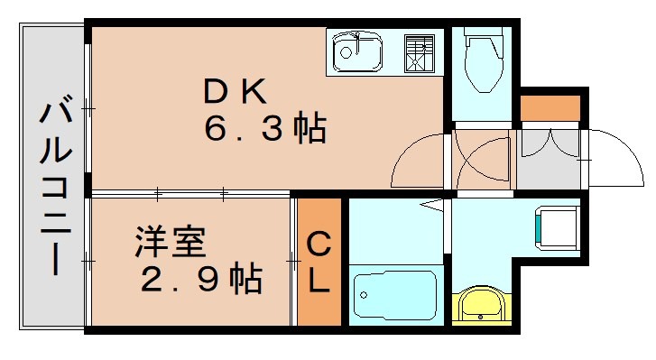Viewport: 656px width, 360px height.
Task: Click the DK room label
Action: click(234, 90)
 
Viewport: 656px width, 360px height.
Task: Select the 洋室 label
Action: click(171, 243)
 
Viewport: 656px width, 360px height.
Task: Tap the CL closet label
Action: click(319, 262)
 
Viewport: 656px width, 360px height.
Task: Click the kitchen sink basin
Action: click(358, 52)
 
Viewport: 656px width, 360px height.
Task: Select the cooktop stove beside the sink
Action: click(419, 51)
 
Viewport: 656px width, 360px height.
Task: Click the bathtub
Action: click(394, 292)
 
